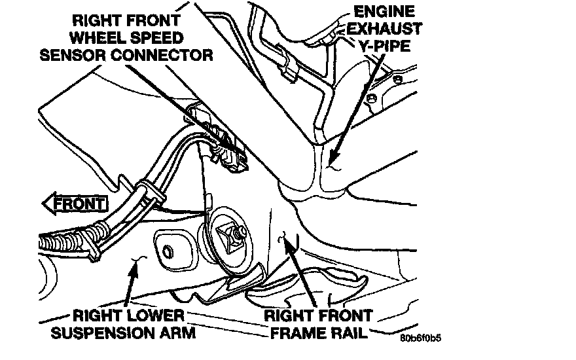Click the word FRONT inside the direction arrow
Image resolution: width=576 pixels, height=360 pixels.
point(79,204)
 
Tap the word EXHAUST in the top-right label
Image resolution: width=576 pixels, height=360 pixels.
point(384,29)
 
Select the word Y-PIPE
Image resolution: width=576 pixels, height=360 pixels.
point(384,46)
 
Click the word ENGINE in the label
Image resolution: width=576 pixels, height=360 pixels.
point(384,11)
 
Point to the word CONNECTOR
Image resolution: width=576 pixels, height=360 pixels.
point(162,55)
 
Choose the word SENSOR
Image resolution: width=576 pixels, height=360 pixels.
point(73,55)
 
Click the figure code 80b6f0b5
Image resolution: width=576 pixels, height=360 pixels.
point(421,338)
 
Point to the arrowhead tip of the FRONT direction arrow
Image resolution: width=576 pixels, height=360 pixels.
point(43,204)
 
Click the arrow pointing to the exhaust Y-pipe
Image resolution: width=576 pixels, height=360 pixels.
point(356,109)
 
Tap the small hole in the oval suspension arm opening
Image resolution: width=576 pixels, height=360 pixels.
point(168,251)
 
